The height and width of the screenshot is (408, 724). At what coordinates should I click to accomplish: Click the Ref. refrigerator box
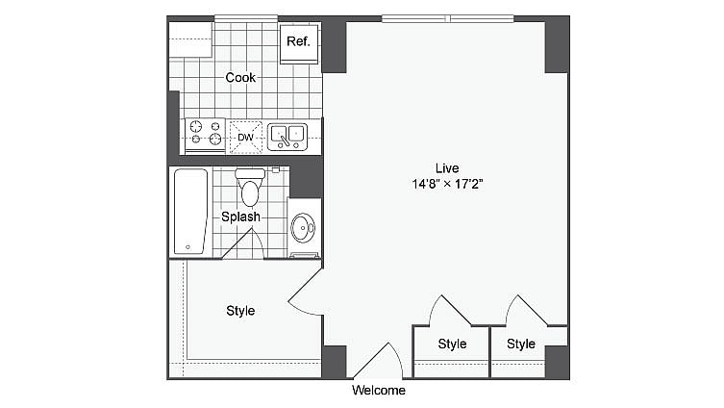298,44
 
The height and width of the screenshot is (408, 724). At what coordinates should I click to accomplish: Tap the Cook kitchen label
240,77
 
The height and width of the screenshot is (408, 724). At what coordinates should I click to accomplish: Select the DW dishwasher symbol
245,138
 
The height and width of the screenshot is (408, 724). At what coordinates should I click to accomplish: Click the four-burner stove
204,136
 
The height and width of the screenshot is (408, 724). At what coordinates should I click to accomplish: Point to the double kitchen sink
287,137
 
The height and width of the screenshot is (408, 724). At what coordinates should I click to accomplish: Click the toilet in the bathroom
250,187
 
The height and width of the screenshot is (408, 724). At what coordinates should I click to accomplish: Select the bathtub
190,212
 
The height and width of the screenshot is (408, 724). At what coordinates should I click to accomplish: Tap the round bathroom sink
303,228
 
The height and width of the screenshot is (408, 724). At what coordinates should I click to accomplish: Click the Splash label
240,217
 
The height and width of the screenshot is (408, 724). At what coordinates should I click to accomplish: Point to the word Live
446,167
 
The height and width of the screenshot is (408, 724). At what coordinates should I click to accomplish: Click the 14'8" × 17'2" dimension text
446,184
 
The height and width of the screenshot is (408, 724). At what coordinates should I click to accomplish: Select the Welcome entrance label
378,391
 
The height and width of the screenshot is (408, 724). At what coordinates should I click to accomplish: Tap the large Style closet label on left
240,311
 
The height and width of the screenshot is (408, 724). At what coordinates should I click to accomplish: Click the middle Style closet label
452,344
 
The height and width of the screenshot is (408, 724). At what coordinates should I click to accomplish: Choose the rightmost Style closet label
521,344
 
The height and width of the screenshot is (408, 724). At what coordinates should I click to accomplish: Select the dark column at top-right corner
557,44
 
